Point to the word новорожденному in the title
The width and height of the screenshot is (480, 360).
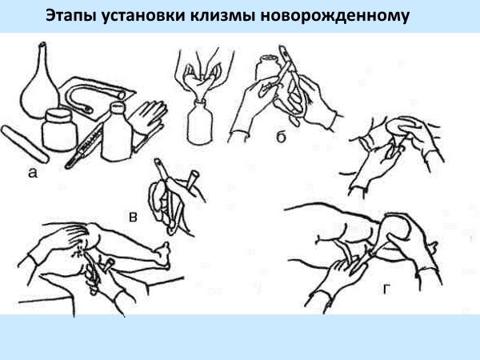[x=334, y=16]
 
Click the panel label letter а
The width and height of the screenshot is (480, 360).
[x=33, y=174]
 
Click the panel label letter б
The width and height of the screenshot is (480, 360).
[x=281, y=137]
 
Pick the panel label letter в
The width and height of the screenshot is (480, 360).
[x=133, y=217]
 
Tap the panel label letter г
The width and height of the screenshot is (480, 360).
[x=387, y=289]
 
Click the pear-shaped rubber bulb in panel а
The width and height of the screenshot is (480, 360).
[x=39, y=89]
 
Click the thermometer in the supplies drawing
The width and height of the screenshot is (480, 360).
[x=83, y=146]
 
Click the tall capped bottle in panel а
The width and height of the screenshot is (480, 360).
[x=117, y=132]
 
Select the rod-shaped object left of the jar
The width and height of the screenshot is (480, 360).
[x=25, y=144]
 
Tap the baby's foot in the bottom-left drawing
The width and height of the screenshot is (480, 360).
[x=163, y=257]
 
